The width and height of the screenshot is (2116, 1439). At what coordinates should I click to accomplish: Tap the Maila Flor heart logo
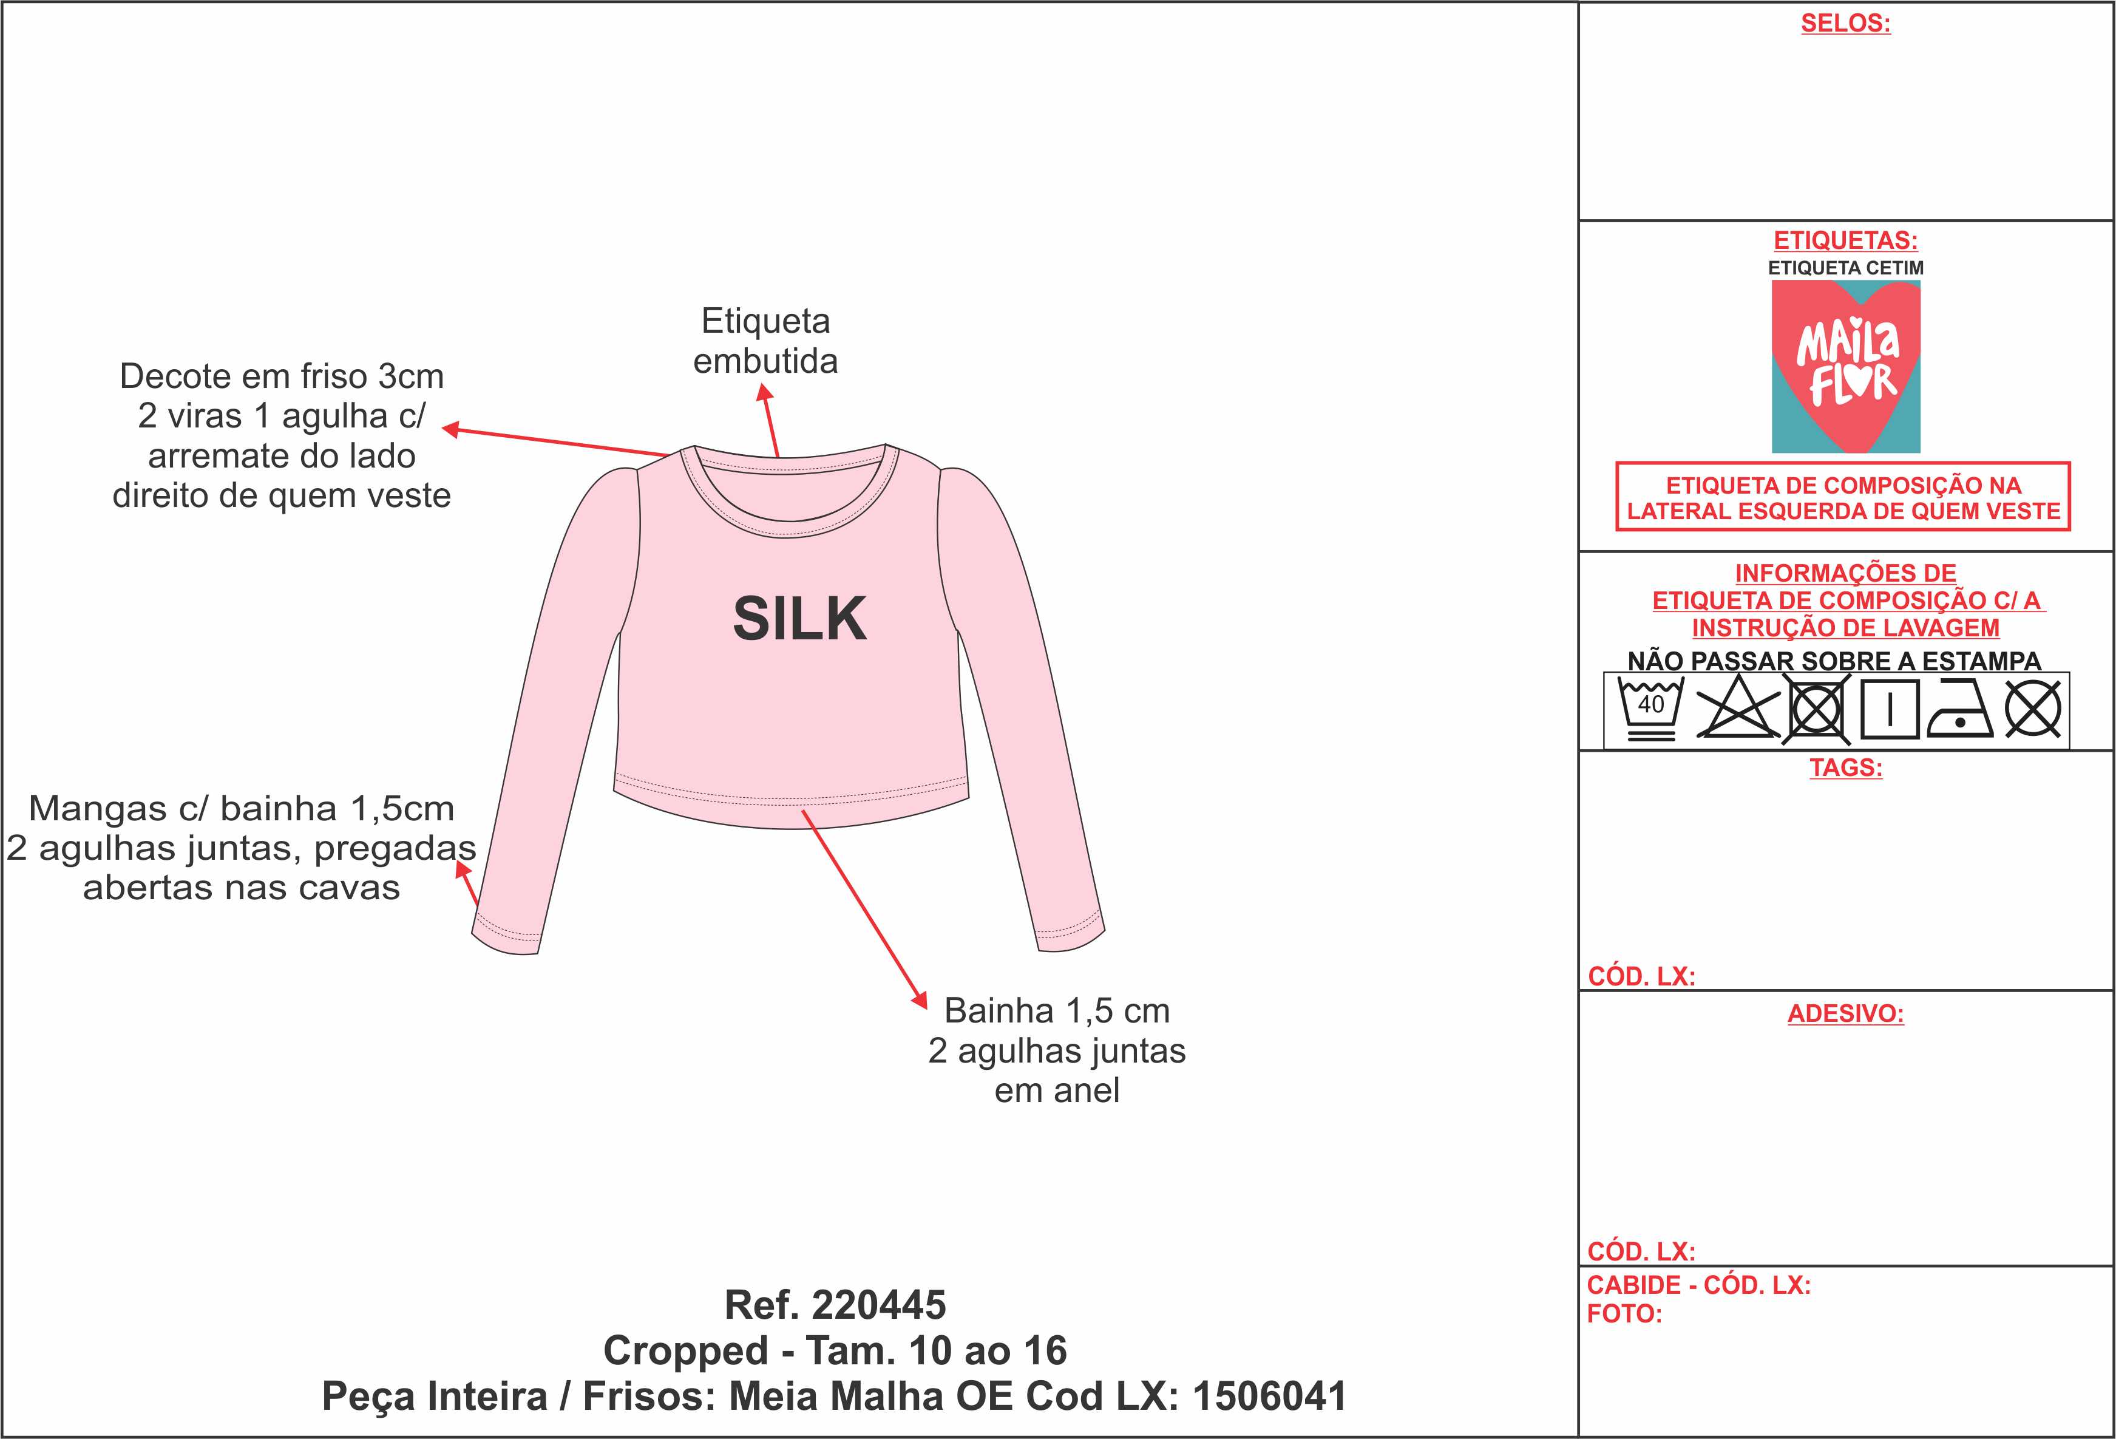1845,366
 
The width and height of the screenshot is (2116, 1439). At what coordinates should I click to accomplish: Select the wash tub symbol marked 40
1651,709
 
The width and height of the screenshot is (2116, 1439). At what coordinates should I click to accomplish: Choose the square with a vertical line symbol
1890,709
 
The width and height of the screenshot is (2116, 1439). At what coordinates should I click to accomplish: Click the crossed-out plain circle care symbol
2034,709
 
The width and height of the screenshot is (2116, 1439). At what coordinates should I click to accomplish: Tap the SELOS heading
1845,24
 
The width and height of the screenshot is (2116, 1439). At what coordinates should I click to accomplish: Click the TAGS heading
1845,767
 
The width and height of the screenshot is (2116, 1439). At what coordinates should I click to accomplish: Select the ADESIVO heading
1845,1014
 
